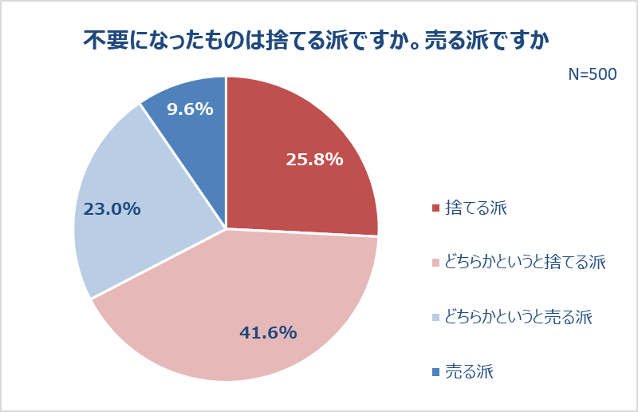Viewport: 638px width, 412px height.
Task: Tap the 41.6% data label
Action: tap(269, 332)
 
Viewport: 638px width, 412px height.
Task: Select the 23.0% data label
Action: tap(112, 209)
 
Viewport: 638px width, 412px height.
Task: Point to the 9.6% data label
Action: tap(190, 109)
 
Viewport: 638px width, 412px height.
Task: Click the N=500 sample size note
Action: tap(592, 74)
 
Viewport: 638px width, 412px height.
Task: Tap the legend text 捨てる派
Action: tap(476, 208)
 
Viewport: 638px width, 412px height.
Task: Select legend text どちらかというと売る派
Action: tap(519, 317)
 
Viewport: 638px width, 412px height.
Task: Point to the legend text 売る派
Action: tap(469, 371)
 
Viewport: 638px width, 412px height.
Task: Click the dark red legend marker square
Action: tap(435, 209)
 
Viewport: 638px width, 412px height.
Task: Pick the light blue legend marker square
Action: tap(435, 318)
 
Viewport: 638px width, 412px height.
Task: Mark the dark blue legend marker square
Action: tap(435, 372)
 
